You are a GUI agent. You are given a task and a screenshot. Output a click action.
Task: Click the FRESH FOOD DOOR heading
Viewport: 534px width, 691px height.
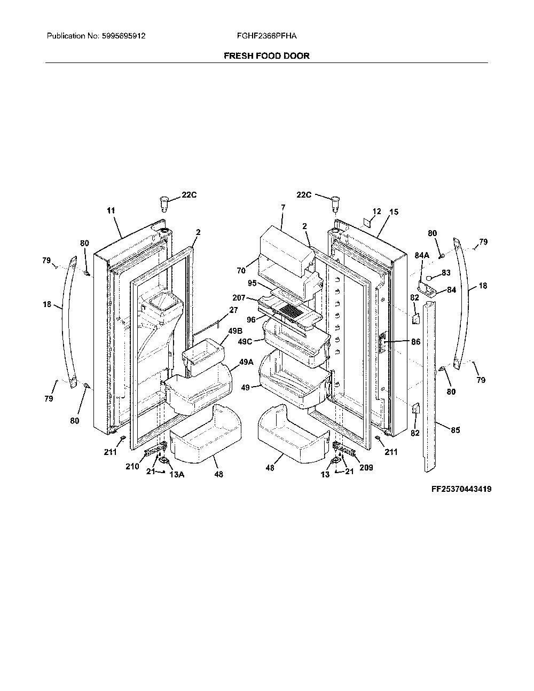tap(266, 56)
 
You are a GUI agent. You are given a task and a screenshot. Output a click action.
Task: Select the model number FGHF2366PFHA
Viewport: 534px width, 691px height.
tap(266, 36)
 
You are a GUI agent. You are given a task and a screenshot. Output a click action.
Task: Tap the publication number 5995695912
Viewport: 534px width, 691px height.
tap(124, 36)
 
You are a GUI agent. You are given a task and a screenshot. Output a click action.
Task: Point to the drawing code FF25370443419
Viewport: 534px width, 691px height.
tap(461, 489)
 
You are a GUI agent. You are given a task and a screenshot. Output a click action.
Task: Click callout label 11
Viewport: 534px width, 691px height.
tap(111, 210)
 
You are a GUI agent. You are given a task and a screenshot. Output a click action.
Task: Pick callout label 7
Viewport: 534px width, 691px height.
tap(283, 208)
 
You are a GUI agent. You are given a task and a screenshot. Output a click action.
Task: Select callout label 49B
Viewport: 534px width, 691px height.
tap(235, 331)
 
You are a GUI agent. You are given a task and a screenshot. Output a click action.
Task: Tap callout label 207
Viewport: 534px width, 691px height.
tap(239, 297)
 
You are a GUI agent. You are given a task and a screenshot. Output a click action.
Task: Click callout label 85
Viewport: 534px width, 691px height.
tap(456, 430)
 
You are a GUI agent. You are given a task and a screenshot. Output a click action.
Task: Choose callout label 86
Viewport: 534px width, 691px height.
tap(416, 342)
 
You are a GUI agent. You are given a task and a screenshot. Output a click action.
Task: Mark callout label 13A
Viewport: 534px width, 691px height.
tap(177, 475)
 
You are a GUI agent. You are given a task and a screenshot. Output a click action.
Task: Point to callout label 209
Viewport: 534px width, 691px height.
tap(366, 468)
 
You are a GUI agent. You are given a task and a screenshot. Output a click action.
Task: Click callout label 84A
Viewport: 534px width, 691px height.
tap(422, 255)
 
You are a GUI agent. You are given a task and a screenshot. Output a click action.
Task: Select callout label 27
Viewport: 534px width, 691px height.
tap(234, 310)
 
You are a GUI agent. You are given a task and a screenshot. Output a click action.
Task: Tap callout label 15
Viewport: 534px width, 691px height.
tap(394, 212)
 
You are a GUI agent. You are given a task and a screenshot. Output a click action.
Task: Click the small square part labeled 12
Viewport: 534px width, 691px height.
tap(368, 223)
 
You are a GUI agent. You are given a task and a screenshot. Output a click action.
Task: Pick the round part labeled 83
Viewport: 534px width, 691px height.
tap(429, 278)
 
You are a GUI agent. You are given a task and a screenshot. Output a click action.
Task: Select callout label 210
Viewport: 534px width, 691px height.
tap(132, 467)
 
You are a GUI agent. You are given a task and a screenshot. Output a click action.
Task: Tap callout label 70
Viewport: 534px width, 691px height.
tap(241, 271)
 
